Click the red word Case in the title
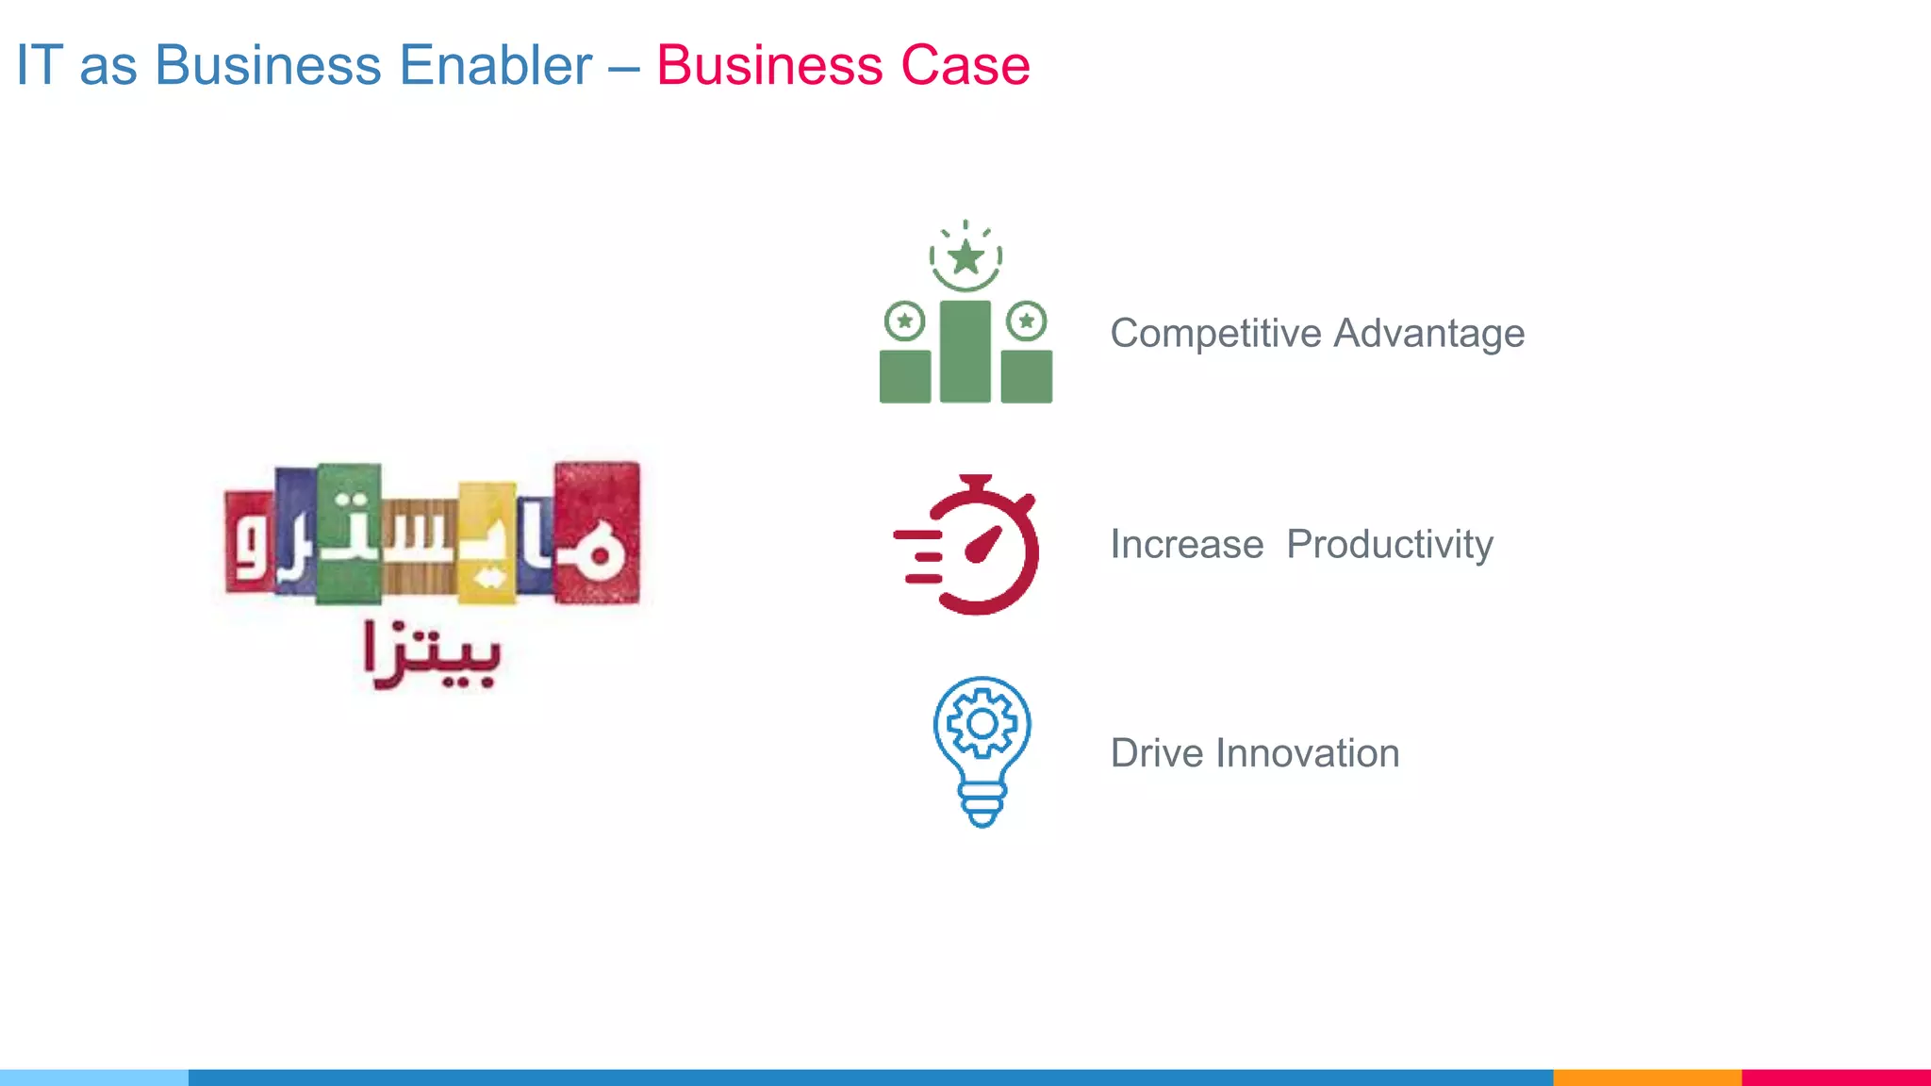click(x=965, y=66)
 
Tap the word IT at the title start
click(x=39, y=66)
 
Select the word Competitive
click(x=1215, y=334)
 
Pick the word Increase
click(x=1186, y=545)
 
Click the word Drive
click(x=1156, y=753)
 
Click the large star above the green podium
click(x=965, y=256)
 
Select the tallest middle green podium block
click(x=965, y=352)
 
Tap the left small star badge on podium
click(x=904, y=321)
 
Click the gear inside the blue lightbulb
click(x=982, y=724)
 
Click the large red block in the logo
click(x=596, y=533)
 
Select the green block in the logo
click(x=349, y=533)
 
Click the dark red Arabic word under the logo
click(x=432, y=655)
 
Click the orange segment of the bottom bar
click(x=1646, y=1077)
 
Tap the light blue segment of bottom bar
click(x=94, y=1077)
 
